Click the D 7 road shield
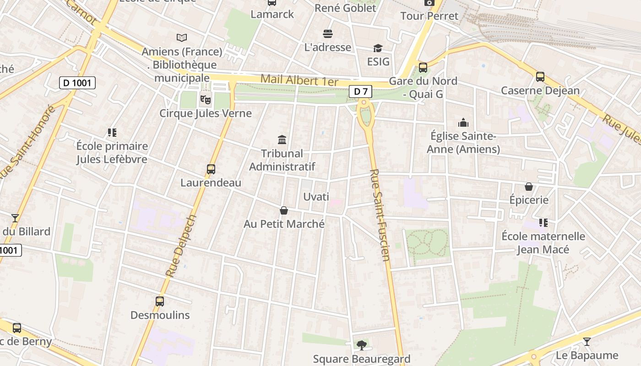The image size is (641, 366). pos(361,91)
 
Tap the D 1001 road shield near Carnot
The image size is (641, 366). pos(77,83)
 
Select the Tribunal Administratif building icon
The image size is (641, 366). pos(282,140)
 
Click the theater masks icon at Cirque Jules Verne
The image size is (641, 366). pos(206,98)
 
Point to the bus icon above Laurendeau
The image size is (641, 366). pos(211,169)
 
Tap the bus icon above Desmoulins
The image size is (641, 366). pos(160,301)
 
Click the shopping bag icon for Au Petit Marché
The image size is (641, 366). pos(284,210)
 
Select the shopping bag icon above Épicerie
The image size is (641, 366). pos(529,187)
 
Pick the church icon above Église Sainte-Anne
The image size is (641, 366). pos(463,123)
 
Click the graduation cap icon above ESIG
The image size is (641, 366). pos(378,48)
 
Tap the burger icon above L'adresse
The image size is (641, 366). pos(328,33)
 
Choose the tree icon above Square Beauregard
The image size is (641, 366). pos(362,344)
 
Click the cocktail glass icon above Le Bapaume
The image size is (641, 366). pos(587,341)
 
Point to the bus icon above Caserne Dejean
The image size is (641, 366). pos(540,76)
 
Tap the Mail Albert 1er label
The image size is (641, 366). pos(299,81)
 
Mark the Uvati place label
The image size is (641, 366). pos(316,197)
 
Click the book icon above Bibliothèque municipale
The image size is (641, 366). pos(182,38)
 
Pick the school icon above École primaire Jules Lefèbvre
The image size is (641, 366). pos(112,133)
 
